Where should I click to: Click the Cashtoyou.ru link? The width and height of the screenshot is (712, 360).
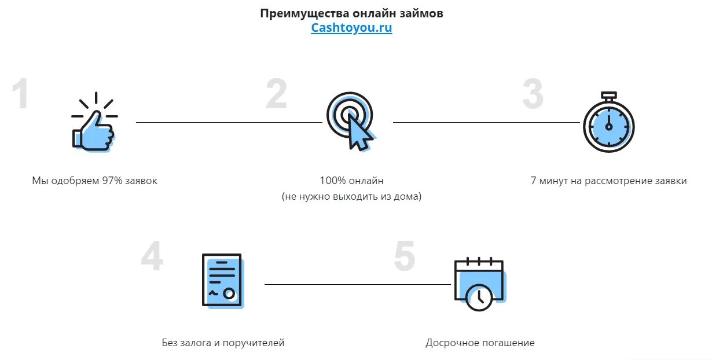[x=351, y=28]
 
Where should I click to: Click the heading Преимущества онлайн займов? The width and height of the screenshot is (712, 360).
[x=351, y=13]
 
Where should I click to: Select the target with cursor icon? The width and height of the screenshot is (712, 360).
[x=351, y=121]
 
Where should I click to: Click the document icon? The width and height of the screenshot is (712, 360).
[x=222, y=281]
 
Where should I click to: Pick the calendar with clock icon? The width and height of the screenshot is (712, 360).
[x=479, y=284]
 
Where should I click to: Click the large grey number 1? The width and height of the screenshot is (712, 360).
[x=21, y=95]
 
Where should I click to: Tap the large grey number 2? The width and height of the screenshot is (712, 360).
[x=277, y=95]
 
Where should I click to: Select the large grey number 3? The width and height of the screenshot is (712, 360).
[x=533, y=95]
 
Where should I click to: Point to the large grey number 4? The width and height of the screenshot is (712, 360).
[x=152, y=256]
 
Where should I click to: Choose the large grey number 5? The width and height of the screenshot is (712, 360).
[x=405, y=256]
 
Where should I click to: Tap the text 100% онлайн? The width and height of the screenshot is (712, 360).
[x=351, y=181]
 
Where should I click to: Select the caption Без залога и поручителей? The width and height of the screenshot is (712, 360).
[x=223, y=343]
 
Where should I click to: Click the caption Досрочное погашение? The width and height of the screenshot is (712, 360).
[x=480, y=343]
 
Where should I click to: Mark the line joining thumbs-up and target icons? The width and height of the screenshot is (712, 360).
[x=229, y=122]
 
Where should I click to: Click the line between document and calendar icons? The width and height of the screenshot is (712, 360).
[x=357, y=284]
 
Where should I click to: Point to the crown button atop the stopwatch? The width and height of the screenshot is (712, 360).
[x=608, y=95]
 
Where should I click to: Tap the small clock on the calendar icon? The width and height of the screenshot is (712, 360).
[x=479, y=297]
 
